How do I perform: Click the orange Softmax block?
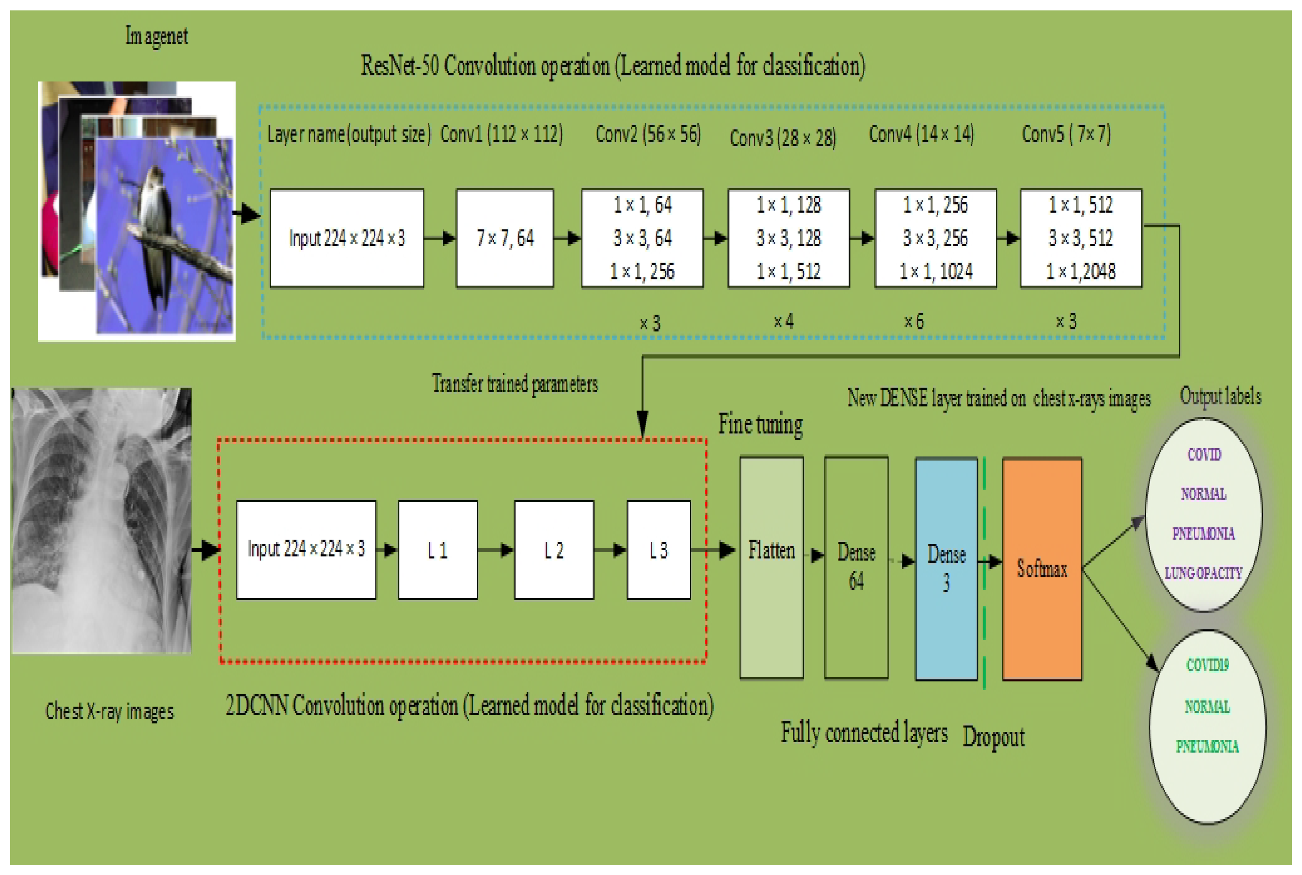coord(1041,569)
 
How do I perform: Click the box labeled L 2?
coord(554,550)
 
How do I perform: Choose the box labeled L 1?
coord(437,550)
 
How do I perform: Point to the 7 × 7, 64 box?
coord(504,238)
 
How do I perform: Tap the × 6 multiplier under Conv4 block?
coord(913,321)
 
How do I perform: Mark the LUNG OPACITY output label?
coord(1203,573)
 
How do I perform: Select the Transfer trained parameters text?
coord(515,384)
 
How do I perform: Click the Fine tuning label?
coord(760,424)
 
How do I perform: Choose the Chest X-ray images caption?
coord(109,711)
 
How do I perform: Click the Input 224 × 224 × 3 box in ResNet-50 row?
coord(347,238)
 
